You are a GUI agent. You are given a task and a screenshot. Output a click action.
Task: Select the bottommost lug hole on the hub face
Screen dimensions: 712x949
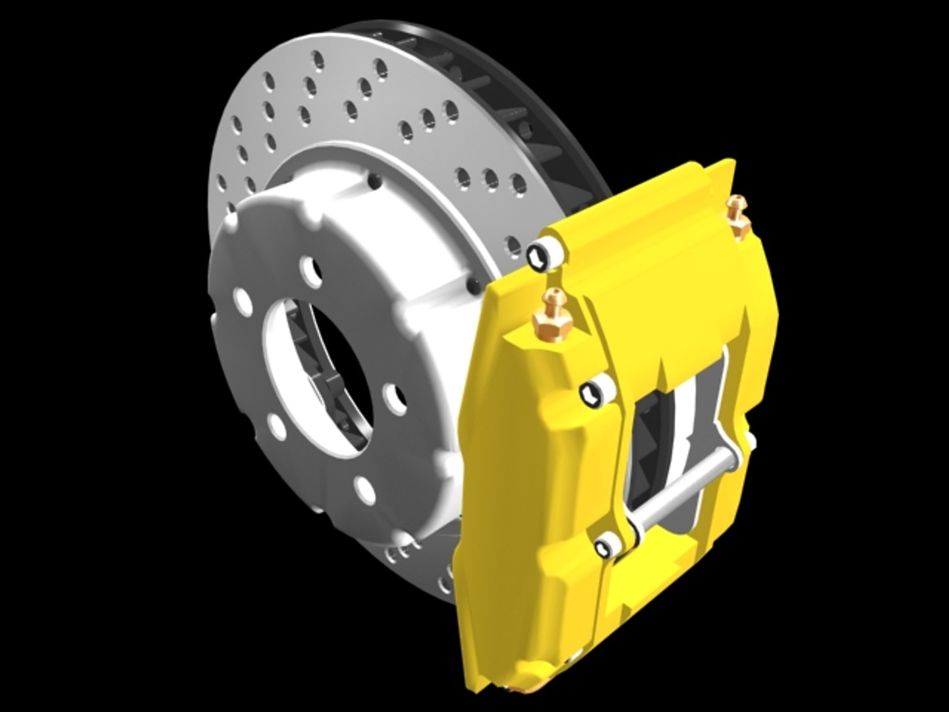click(x=363, y=487)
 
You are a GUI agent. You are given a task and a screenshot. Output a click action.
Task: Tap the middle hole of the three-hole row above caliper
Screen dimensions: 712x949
click(x=489, y=177)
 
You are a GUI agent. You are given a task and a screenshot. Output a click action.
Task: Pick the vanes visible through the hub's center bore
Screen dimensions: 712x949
click(x=310, y=343)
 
